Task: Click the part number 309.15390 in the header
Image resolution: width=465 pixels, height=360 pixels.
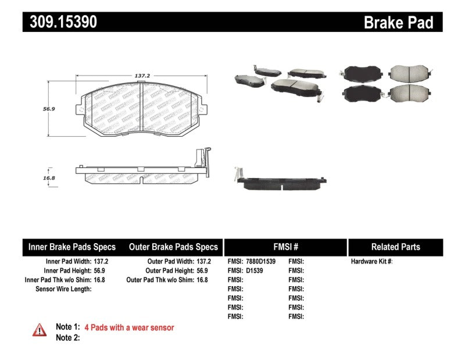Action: (60, 22)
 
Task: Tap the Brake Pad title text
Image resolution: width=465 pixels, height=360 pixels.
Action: (398, 22)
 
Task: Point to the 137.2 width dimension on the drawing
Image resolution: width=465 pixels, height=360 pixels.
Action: (143, 76)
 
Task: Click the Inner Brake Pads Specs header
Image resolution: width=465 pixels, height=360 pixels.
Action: (72, 247)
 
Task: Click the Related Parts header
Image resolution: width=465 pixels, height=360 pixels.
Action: (395, 247)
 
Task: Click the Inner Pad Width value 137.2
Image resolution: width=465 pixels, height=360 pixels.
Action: (101, 262)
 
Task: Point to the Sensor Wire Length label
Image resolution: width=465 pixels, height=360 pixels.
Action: (63, 288)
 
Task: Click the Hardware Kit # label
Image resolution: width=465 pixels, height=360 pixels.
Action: (371, 262)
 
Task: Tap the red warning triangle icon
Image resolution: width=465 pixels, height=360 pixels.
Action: (40, 329)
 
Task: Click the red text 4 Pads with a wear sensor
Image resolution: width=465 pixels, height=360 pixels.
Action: (128, 327)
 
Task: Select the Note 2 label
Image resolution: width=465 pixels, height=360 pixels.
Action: (67, 337)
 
